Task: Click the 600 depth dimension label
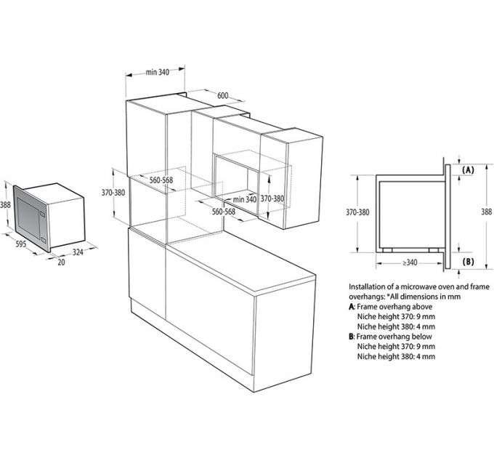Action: pos(222,95)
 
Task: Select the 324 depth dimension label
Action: pos(78,252)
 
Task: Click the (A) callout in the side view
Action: pos(468,169)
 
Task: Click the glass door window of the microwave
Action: pos(29,214)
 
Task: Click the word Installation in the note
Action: pos(368,287)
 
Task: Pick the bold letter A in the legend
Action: pos(352,308)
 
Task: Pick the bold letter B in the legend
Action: pos(352,337)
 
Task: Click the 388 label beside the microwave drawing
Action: pos(7,205)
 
